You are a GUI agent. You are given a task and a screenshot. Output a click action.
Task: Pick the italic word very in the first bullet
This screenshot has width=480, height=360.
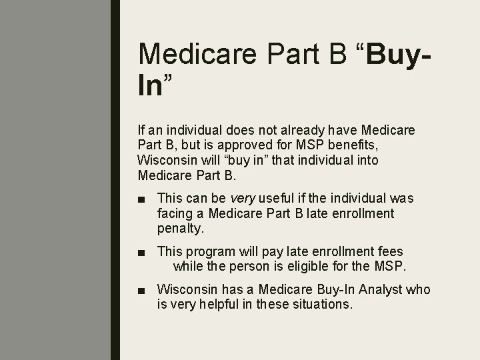(243, 199)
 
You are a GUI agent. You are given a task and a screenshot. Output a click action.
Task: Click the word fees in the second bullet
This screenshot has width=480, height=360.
(390, 252)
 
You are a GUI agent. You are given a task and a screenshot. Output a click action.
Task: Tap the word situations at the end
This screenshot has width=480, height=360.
(325, 304)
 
